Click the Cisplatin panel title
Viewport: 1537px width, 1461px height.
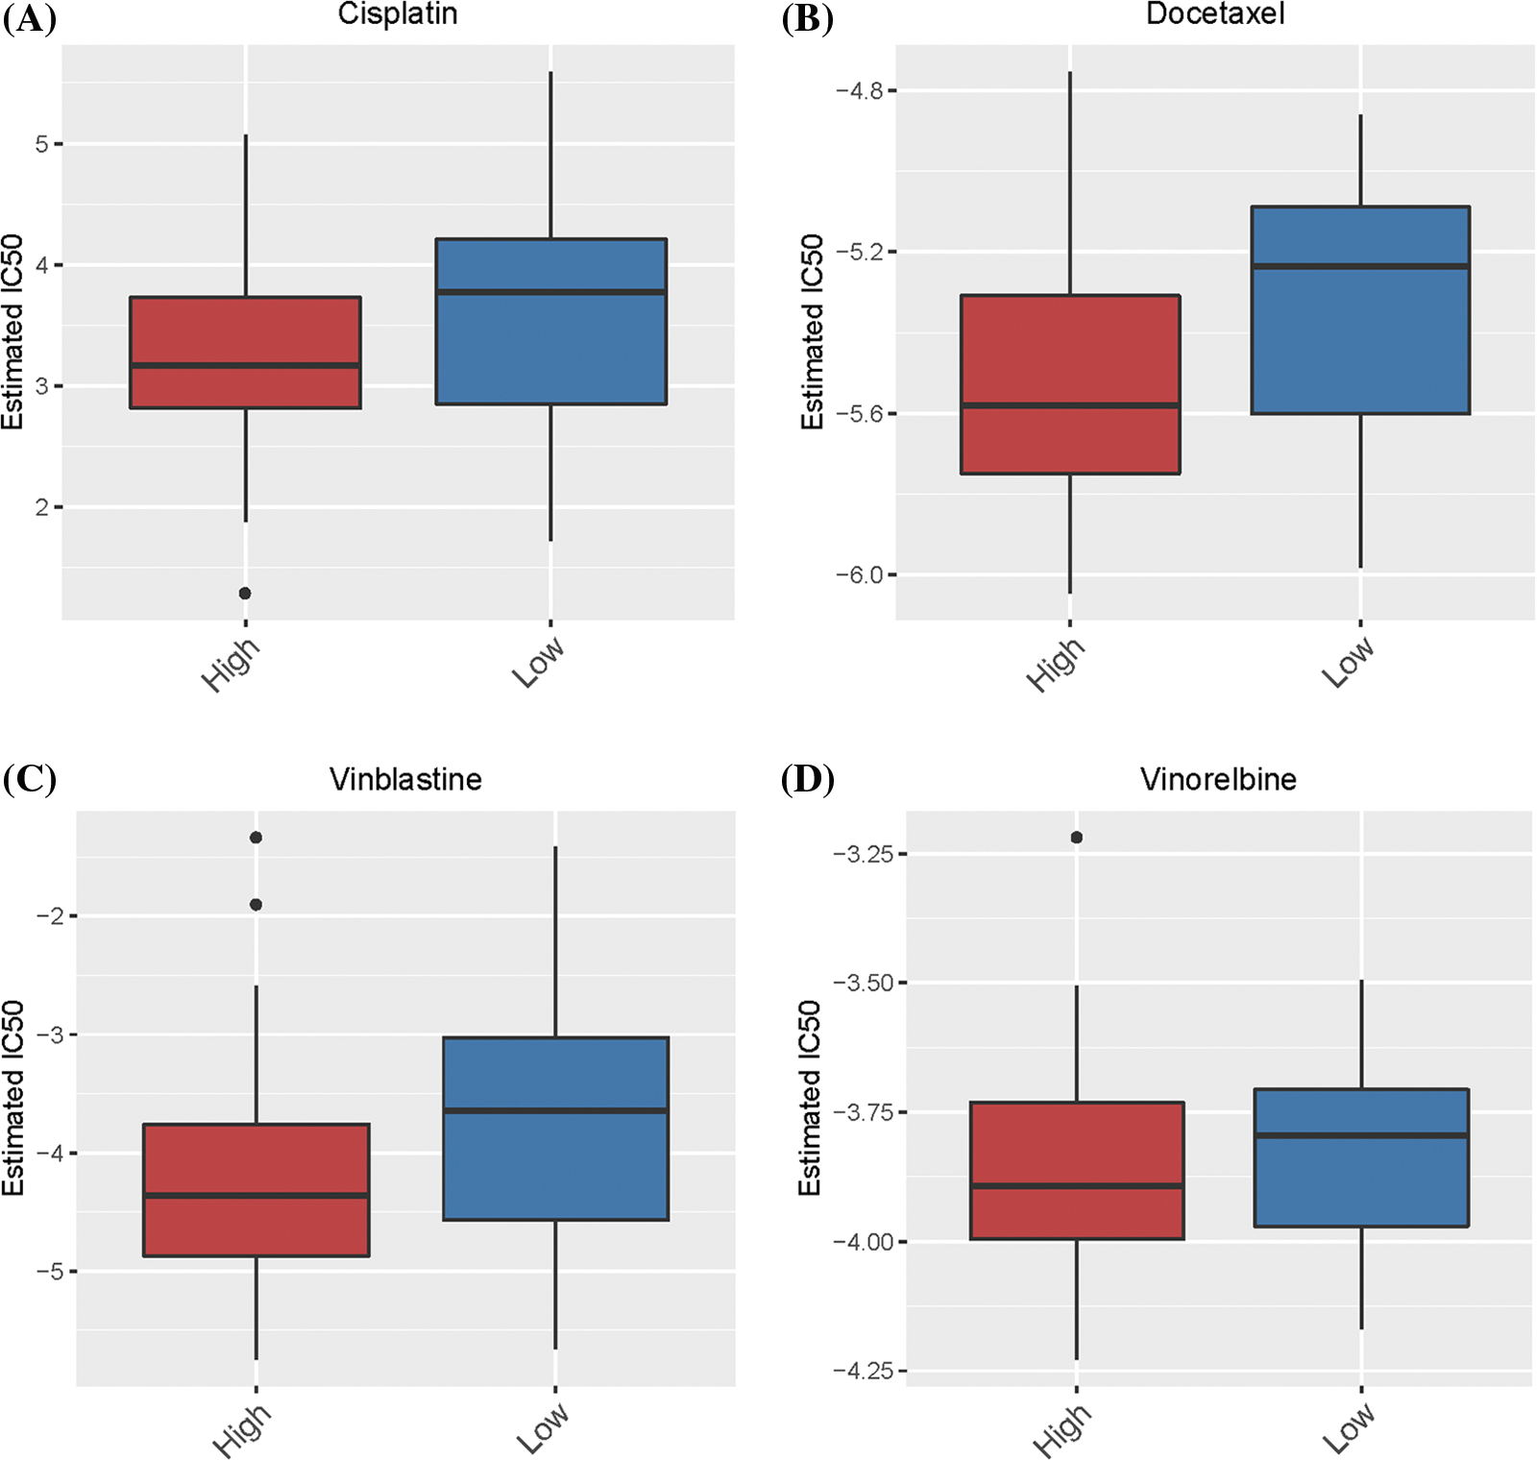coord(397,14)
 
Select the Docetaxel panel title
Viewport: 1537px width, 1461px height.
coord(1215,14)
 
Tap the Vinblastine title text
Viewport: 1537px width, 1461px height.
coord(405,779)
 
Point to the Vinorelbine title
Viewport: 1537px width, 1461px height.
coord(1218,779)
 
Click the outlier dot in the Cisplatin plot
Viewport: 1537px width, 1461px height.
coord(245,594)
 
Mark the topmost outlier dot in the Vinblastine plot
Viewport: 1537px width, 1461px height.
coord(256,838)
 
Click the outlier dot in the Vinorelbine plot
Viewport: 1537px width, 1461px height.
coord(1077,838)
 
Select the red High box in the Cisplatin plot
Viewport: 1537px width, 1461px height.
coord(245,331)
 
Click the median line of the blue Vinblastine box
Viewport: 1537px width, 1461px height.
coord(555,1110)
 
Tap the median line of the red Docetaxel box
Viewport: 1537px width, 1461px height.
coord(1070,405)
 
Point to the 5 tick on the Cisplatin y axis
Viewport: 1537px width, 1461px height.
coord(42,144)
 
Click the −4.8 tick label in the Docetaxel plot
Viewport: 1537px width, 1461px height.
coord(859,91)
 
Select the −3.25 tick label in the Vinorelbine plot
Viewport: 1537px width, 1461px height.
coord(864,854)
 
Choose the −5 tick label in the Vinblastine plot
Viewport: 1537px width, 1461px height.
coord(50,1272)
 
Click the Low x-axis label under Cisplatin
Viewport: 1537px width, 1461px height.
coord(537,663)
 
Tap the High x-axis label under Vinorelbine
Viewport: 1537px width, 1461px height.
coord(1061,1430)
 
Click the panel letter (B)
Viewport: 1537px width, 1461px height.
coord(807,19)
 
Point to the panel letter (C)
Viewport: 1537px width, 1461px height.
coord(30,779)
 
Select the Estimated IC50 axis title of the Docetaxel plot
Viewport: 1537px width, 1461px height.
coord(813,331)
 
